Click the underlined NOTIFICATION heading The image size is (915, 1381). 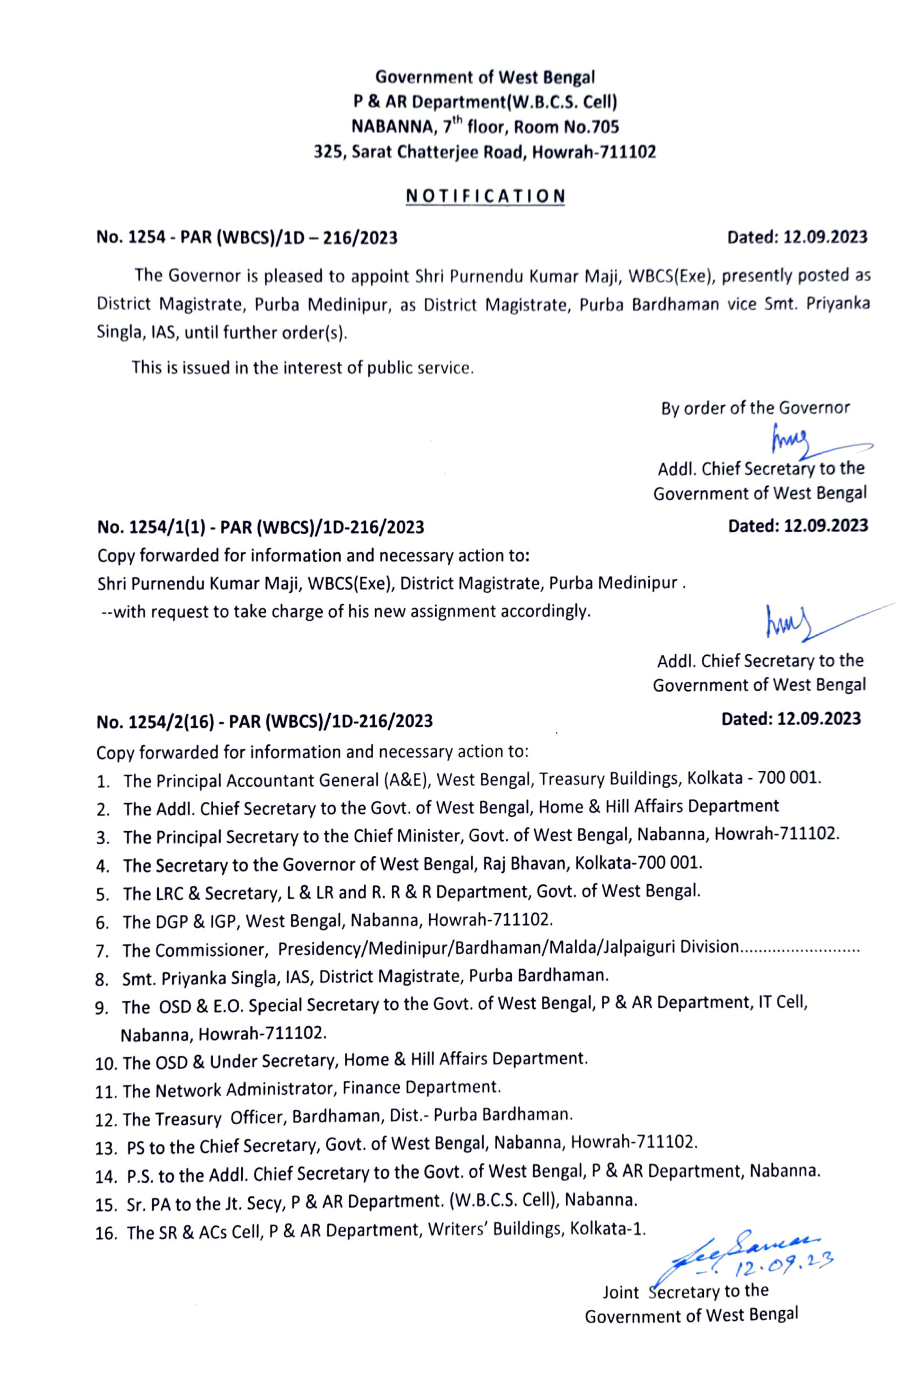485,195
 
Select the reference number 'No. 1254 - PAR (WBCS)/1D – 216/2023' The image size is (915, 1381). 247,238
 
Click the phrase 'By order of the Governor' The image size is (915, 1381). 755,408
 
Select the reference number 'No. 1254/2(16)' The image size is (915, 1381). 162,721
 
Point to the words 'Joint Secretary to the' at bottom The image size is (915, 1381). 685,1292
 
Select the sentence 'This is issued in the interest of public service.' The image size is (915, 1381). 302,368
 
